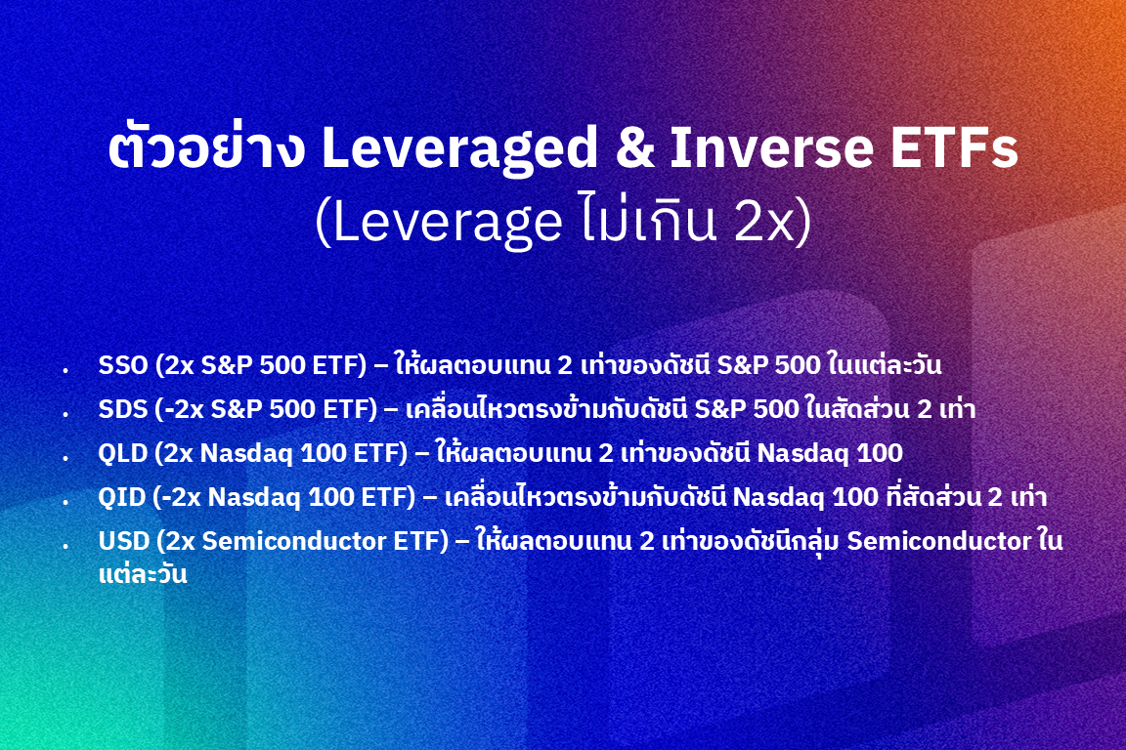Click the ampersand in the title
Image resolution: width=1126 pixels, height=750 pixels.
tap(634, 147)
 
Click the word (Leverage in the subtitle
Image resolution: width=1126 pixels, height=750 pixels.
tap(439, 224)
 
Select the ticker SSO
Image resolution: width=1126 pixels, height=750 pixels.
tap(123, 365)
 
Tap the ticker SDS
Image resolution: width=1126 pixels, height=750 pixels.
tap(123, 409)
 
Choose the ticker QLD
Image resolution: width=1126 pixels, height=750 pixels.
tap(123, 453)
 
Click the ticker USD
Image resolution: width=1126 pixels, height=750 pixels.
tap(123, 541)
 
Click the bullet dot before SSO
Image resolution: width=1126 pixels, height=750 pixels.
tap(65, 370)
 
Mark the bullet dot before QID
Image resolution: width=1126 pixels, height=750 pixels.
tap(65, 502)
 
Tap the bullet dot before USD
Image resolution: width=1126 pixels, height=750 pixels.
tap(65, 546)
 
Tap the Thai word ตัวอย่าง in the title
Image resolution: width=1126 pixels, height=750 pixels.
tap(206, 146)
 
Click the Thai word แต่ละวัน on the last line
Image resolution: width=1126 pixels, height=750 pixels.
tap(143, 574)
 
